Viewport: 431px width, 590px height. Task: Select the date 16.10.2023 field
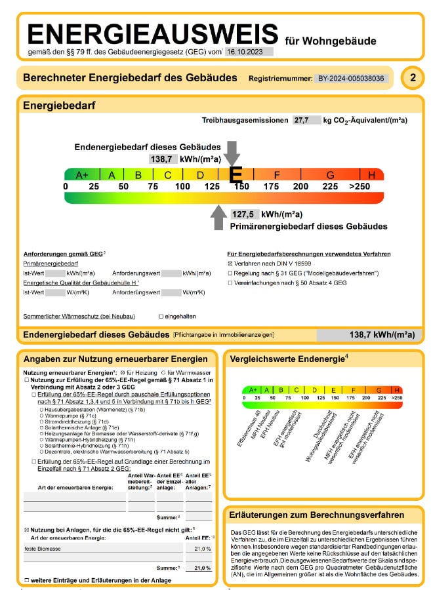(x=249, y=51)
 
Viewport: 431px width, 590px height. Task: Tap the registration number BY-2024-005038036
(x=352, y=79)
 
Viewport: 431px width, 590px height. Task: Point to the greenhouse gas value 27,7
(x=302, y=121)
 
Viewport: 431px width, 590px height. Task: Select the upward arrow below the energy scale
(x=218, y=217)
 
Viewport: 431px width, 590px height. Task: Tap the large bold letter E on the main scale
(x=235, y=174)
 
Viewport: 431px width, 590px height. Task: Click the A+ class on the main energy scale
(x=82, y=175)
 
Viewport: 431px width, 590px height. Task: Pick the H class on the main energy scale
(x=372, y=175)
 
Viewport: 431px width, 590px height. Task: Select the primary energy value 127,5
(x=243, y=214)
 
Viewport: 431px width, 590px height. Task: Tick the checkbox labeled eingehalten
(x=161, y=316)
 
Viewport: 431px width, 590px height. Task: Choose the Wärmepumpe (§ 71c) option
(x=42, y=416)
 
